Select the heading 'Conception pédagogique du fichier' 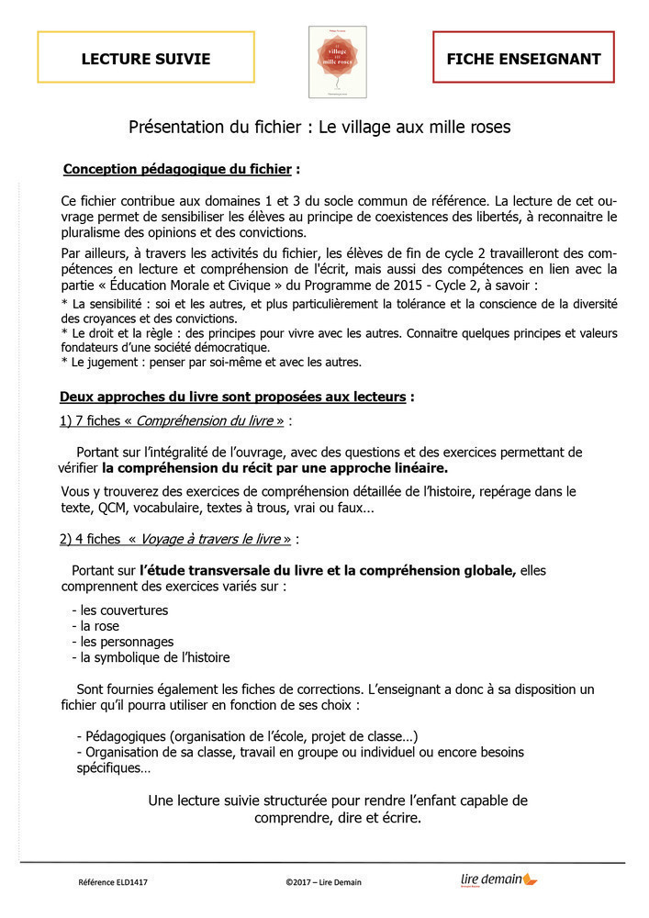[177, 170]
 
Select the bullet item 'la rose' [103, 625]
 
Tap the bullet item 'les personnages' [127, 642]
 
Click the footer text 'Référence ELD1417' [113, 883]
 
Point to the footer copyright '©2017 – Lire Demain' [323, 883]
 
